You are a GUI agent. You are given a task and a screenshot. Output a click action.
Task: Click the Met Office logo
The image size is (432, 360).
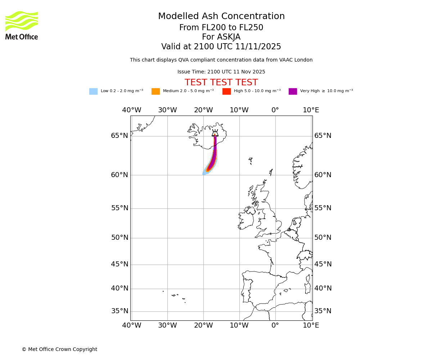[x=22, y=25]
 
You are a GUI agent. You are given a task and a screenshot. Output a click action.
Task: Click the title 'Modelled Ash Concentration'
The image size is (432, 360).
[x=221, y=17]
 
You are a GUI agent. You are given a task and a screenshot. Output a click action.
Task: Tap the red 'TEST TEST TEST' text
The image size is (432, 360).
[x=221, y=83]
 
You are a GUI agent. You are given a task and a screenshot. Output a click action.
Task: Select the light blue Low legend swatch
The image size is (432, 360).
[x=93, y=91]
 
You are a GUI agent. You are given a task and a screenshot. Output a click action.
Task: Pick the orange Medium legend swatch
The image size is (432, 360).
[x=156, y=91]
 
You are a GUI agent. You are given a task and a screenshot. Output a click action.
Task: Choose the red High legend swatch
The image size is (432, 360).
[x=226, y=91]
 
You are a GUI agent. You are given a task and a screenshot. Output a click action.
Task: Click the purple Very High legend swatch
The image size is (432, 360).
[x=293, y=91]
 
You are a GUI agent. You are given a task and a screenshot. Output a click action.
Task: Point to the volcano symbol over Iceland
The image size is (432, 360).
[x=215, y=133]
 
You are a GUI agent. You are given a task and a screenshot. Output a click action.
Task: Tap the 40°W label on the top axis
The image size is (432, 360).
[x=131, y=110]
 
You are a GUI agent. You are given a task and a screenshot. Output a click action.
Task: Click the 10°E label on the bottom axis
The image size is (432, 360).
[x=311, y=325]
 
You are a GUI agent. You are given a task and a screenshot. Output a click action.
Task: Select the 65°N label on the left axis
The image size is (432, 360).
[x=120, y=136]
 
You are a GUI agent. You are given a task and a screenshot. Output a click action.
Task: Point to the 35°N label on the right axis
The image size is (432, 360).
[x=323, y=311]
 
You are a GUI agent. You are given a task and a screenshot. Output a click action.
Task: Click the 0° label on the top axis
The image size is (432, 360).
[x=275, y=110]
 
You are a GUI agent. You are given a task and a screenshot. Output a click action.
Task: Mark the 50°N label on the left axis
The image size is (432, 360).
[x=120, y=238]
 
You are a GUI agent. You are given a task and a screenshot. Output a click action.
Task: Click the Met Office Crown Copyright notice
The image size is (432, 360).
[x=59, y=349]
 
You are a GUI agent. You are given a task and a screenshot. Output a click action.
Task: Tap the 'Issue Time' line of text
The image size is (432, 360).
[x=221, y=72]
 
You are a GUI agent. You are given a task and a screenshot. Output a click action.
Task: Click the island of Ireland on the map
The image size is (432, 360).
[x=246, y=220]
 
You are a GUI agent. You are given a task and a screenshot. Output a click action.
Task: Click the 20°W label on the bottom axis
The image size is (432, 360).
[x=203, y=325]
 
